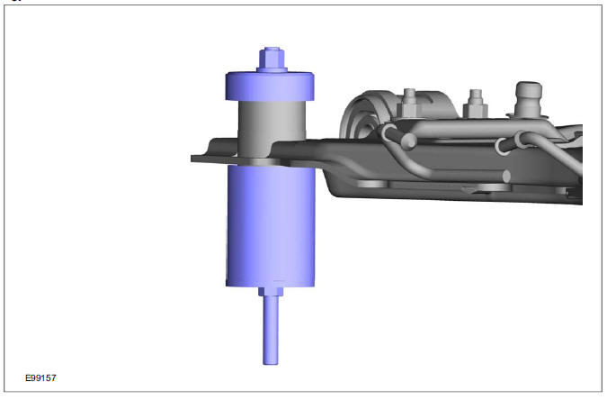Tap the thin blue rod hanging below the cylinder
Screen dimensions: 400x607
tap(270, 329)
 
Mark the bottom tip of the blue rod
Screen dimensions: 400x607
tap(270, 361)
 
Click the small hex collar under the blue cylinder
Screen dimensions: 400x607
tap(270, 289)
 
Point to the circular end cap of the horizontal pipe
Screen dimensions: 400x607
tap(508, 176)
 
